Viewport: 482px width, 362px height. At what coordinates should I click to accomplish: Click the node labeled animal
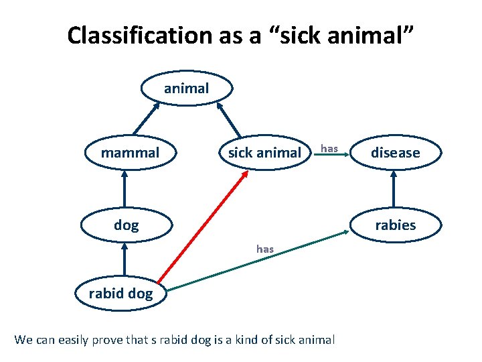pos(186,88)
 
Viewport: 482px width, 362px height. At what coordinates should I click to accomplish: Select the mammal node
pos(130,153)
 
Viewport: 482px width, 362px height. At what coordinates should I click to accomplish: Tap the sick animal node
pos(264,153)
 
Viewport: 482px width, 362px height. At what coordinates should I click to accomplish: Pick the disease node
pos(395,153)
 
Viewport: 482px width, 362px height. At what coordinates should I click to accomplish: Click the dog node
pos(126,225)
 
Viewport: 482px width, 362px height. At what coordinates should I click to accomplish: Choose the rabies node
pos(395,225)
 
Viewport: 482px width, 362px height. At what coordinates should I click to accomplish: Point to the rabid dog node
pos(120,293)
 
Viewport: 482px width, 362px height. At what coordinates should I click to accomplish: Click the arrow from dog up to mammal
pos(125,189)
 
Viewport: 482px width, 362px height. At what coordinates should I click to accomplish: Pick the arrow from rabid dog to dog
pos(125,260)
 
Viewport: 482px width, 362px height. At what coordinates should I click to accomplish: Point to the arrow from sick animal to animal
pos(230,119)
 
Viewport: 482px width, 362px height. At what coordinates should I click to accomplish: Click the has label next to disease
pos(329,147)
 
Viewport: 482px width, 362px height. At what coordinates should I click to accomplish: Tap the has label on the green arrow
pos(264,249)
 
